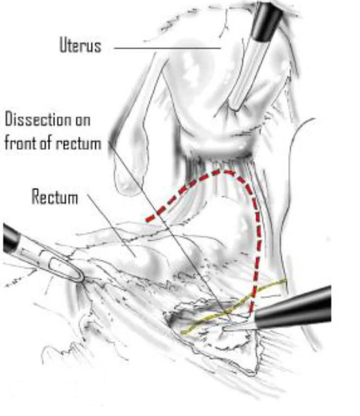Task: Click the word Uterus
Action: tap(80, 45)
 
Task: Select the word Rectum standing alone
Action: tap(54, 197)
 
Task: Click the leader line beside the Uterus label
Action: tap(168, 48)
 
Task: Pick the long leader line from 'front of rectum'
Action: tap(162, 222)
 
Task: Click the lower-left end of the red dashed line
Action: tap(148, 219)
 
